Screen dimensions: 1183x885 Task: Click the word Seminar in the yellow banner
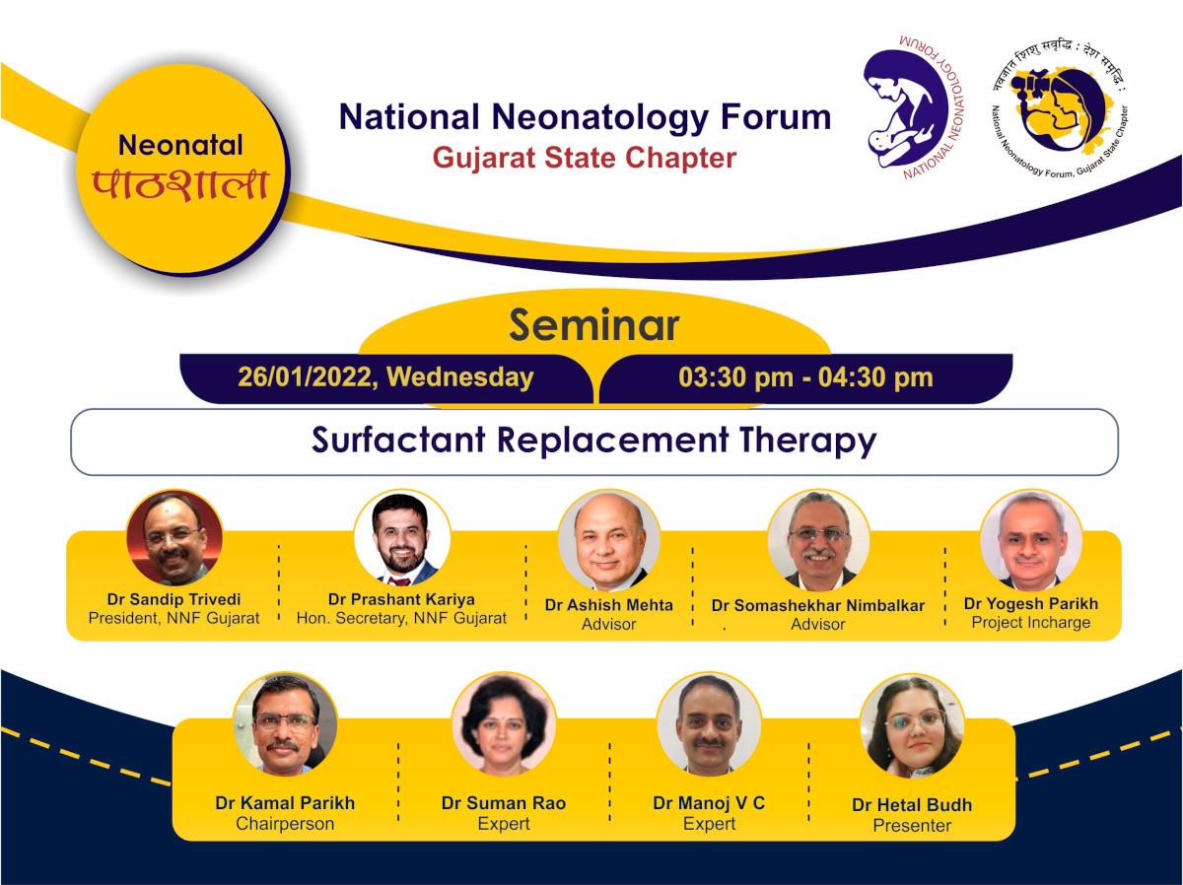click(x=593, y=325)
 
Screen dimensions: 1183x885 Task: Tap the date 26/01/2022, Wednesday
click(x=385, y=377)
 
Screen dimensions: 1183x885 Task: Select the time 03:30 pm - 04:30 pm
click(x=805, y=377)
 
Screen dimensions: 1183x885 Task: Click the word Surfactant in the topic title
click(x=398, y=440)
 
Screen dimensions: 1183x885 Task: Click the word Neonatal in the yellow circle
click(x=180, y=146)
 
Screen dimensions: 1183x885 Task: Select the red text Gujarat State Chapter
click(x=585, y=159)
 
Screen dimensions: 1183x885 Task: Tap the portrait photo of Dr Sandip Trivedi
click(x=174, y=537)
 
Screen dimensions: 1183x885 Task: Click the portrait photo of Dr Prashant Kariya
click(x=402, y=537)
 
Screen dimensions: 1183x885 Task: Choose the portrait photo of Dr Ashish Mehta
click(x=609, y=540)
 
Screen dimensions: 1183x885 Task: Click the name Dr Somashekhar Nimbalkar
click(x=818, y=605)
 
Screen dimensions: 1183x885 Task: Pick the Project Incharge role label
click(x=1031, y=622)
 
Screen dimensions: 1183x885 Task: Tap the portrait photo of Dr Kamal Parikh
click(x=285, y=724)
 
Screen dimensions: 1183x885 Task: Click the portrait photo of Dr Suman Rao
click(x=504, y=724)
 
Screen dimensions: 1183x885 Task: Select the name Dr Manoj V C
click(x=709, y=803)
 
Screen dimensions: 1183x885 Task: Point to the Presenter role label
click(x=912, y=825)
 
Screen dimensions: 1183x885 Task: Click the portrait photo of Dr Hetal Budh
click(x=912, y=726)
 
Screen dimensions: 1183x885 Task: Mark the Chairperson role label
click(x=285, y=824)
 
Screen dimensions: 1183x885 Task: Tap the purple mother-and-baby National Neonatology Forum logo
click(x=914, y=107)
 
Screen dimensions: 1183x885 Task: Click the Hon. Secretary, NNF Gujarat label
click(x=401, y=618)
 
